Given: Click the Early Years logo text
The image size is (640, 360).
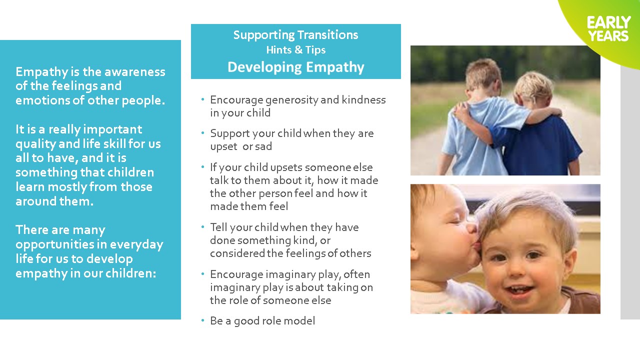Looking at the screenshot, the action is [x=608, y=29].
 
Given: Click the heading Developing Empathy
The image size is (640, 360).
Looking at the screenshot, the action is [x=295, y=67].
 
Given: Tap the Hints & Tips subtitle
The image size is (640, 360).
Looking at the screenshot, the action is [x=295, y=50].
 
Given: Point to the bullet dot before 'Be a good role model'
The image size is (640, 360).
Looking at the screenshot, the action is [x=202, y=320].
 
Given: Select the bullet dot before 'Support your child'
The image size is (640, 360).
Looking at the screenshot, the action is [x=202, y=133].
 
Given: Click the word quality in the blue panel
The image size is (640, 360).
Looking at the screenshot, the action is [x=35, y=144].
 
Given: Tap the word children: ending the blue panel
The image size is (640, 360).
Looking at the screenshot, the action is [x=131, y=273].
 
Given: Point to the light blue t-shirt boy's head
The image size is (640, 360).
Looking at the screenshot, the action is [x=483, y=75].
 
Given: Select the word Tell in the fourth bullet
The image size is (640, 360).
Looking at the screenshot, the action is [x=218, y=227].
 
